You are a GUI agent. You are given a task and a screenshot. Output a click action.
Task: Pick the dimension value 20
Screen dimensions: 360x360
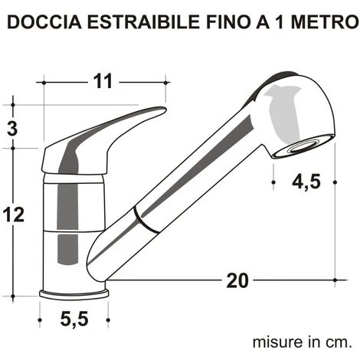coord(237,280)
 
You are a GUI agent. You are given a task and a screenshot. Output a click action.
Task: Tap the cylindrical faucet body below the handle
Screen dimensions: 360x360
coord(75,230)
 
